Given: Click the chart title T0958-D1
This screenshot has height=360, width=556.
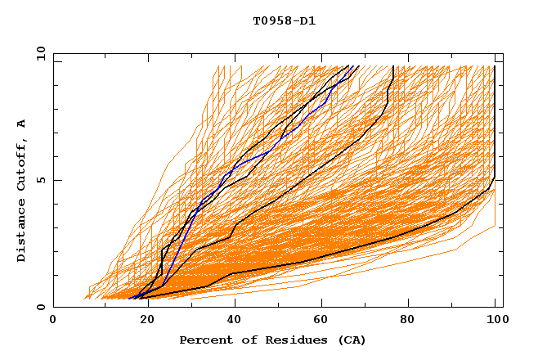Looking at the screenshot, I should tap(284, 20).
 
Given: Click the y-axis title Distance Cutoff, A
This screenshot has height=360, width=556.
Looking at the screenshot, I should tap(21, 191).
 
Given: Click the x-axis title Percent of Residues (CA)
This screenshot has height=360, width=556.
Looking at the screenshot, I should tap(272, 340).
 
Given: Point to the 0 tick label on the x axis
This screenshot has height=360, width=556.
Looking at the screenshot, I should tap(53, 321).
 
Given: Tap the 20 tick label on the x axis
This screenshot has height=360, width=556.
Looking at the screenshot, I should tap(141, 321).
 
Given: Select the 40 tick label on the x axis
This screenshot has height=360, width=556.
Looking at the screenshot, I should tap(231, 321).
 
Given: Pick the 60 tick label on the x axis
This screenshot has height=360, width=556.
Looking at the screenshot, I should tap(319, 321).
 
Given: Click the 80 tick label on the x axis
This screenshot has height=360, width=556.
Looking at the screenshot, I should tap(407, 321).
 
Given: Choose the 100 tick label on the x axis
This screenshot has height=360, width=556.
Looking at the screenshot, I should tap(495, 321).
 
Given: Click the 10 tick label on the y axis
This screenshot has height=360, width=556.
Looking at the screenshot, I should tap(40, 53).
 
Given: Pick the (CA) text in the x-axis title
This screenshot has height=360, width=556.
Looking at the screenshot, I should tap(350, 340).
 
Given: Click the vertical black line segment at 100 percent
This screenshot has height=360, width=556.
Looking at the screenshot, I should tap(495, 123).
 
